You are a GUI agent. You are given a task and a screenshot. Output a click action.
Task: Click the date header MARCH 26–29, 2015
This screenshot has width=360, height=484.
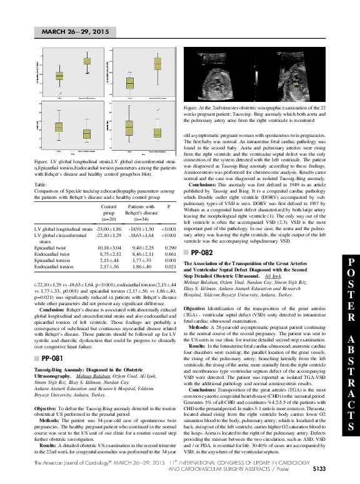(x=75, y=31)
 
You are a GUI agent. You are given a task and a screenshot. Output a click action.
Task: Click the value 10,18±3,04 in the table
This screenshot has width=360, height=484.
(x=110, y=249)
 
